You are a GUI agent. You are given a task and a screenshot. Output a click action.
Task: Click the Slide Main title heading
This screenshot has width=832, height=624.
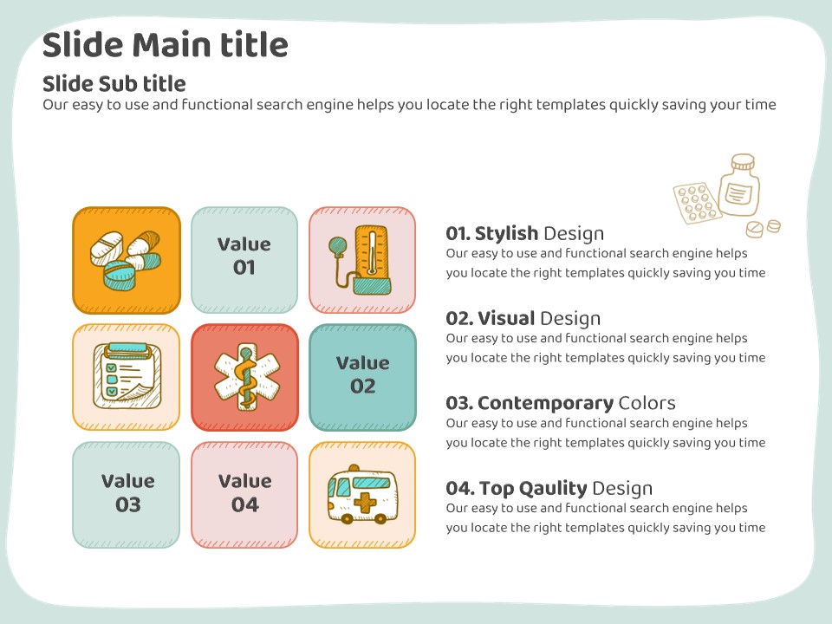(x=165, y=44)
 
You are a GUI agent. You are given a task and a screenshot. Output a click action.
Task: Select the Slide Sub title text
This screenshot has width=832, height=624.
(x=114, y=83)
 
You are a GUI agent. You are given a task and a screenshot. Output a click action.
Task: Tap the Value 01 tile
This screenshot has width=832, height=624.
(x=244, y=260)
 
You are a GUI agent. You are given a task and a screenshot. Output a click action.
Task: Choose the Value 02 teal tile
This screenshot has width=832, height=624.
(x=362, y=377)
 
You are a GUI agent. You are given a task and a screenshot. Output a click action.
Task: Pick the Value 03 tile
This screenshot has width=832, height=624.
(x=127, y=495)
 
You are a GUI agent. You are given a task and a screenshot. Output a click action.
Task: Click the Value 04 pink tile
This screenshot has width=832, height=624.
(x=244, y=495)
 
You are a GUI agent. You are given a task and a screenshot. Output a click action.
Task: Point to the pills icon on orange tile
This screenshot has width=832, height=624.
(x=126, y=260)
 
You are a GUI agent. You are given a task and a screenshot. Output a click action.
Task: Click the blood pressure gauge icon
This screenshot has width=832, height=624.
(x=361, y=260)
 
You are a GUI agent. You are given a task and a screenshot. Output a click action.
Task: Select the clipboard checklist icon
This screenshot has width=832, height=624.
(x=127, y=377)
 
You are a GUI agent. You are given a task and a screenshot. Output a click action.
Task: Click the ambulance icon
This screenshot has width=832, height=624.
(x=362, y=495)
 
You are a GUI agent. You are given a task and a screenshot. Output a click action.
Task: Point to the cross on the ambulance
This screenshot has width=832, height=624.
(x=365, y=503)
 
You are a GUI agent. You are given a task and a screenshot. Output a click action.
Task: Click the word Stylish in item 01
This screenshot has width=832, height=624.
(x=506, y=233)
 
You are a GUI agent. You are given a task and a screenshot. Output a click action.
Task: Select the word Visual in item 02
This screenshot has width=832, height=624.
(x=506, y=318)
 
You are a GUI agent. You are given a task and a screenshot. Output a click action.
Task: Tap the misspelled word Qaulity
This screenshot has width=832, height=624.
(x=552, y=488)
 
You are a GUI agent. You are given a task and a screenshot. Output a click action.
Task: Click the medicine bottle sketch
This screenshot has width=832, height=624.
(x=739, y=185)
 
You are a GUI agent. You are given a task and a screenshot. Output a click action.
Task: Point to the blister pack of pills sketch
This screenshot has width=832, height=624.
(x=697, y=203)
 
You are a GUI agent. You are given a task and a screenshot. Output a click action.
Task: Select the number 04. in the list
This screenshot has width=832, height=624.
(x=459, y=488)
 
